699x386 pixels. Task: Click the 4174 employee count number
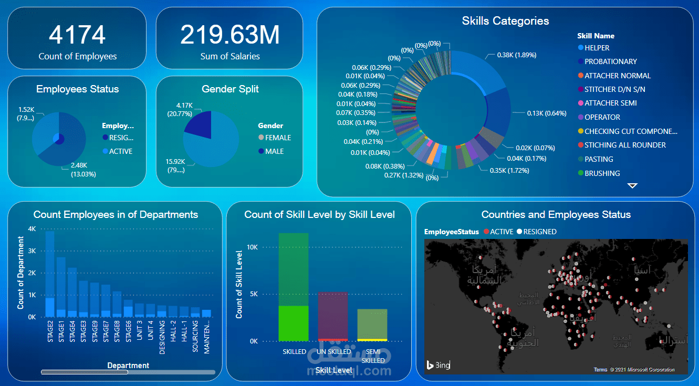coord(77,35)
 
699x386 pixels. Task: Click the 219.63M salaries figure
coord(229,35)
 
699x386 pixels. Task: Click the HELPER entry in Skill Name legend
coord(597,48)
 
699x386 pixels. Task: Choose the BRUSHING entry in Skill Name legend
coord(602,173)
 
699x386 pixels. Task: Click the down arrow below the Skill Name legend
coord(632,185)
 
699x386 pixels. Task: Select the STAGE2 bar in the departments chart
coord(50,273)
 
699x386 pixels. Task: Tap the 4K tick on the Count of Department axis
coord(32,229)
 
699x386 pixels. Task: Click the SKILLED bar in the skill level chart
coord(294,287)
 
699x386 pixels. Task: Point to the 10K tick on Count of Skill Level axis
coord(252,247)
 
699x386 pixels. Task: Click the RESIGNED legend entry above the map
coord(537,232)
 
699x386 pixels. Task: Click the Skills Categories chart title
coord(505,21)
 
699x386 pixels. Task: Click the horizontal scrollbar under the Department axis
coord(84,372)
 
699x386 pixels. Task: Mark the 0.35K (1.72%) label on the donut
coord(509,171)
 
